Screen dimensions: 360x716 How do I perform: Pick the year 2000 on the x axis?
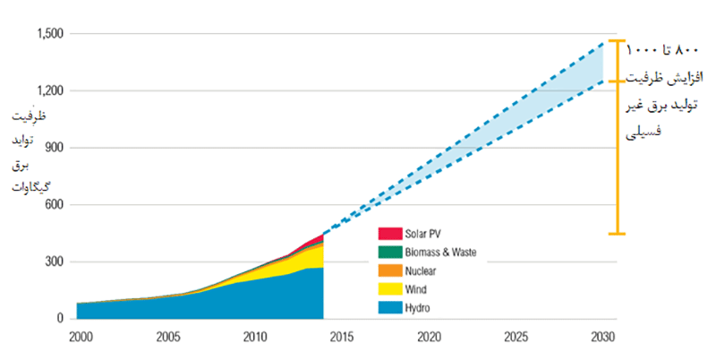tap(80, 338)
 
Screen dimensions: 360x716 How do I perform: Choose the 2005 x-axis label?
tap(166, 338)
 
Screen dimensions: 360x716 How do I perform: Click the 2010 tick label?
tap(254, 338)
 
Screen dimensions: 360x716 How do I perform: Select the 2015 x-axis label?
tap(342, 338)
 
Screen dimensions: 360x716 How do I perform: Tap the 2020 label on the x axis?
tap(430, 338)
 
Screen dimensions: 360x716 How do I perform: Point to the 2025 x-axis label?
tap(516, 338)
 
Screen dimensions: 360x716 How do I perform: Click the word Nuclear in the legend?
tap(422, 270)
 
